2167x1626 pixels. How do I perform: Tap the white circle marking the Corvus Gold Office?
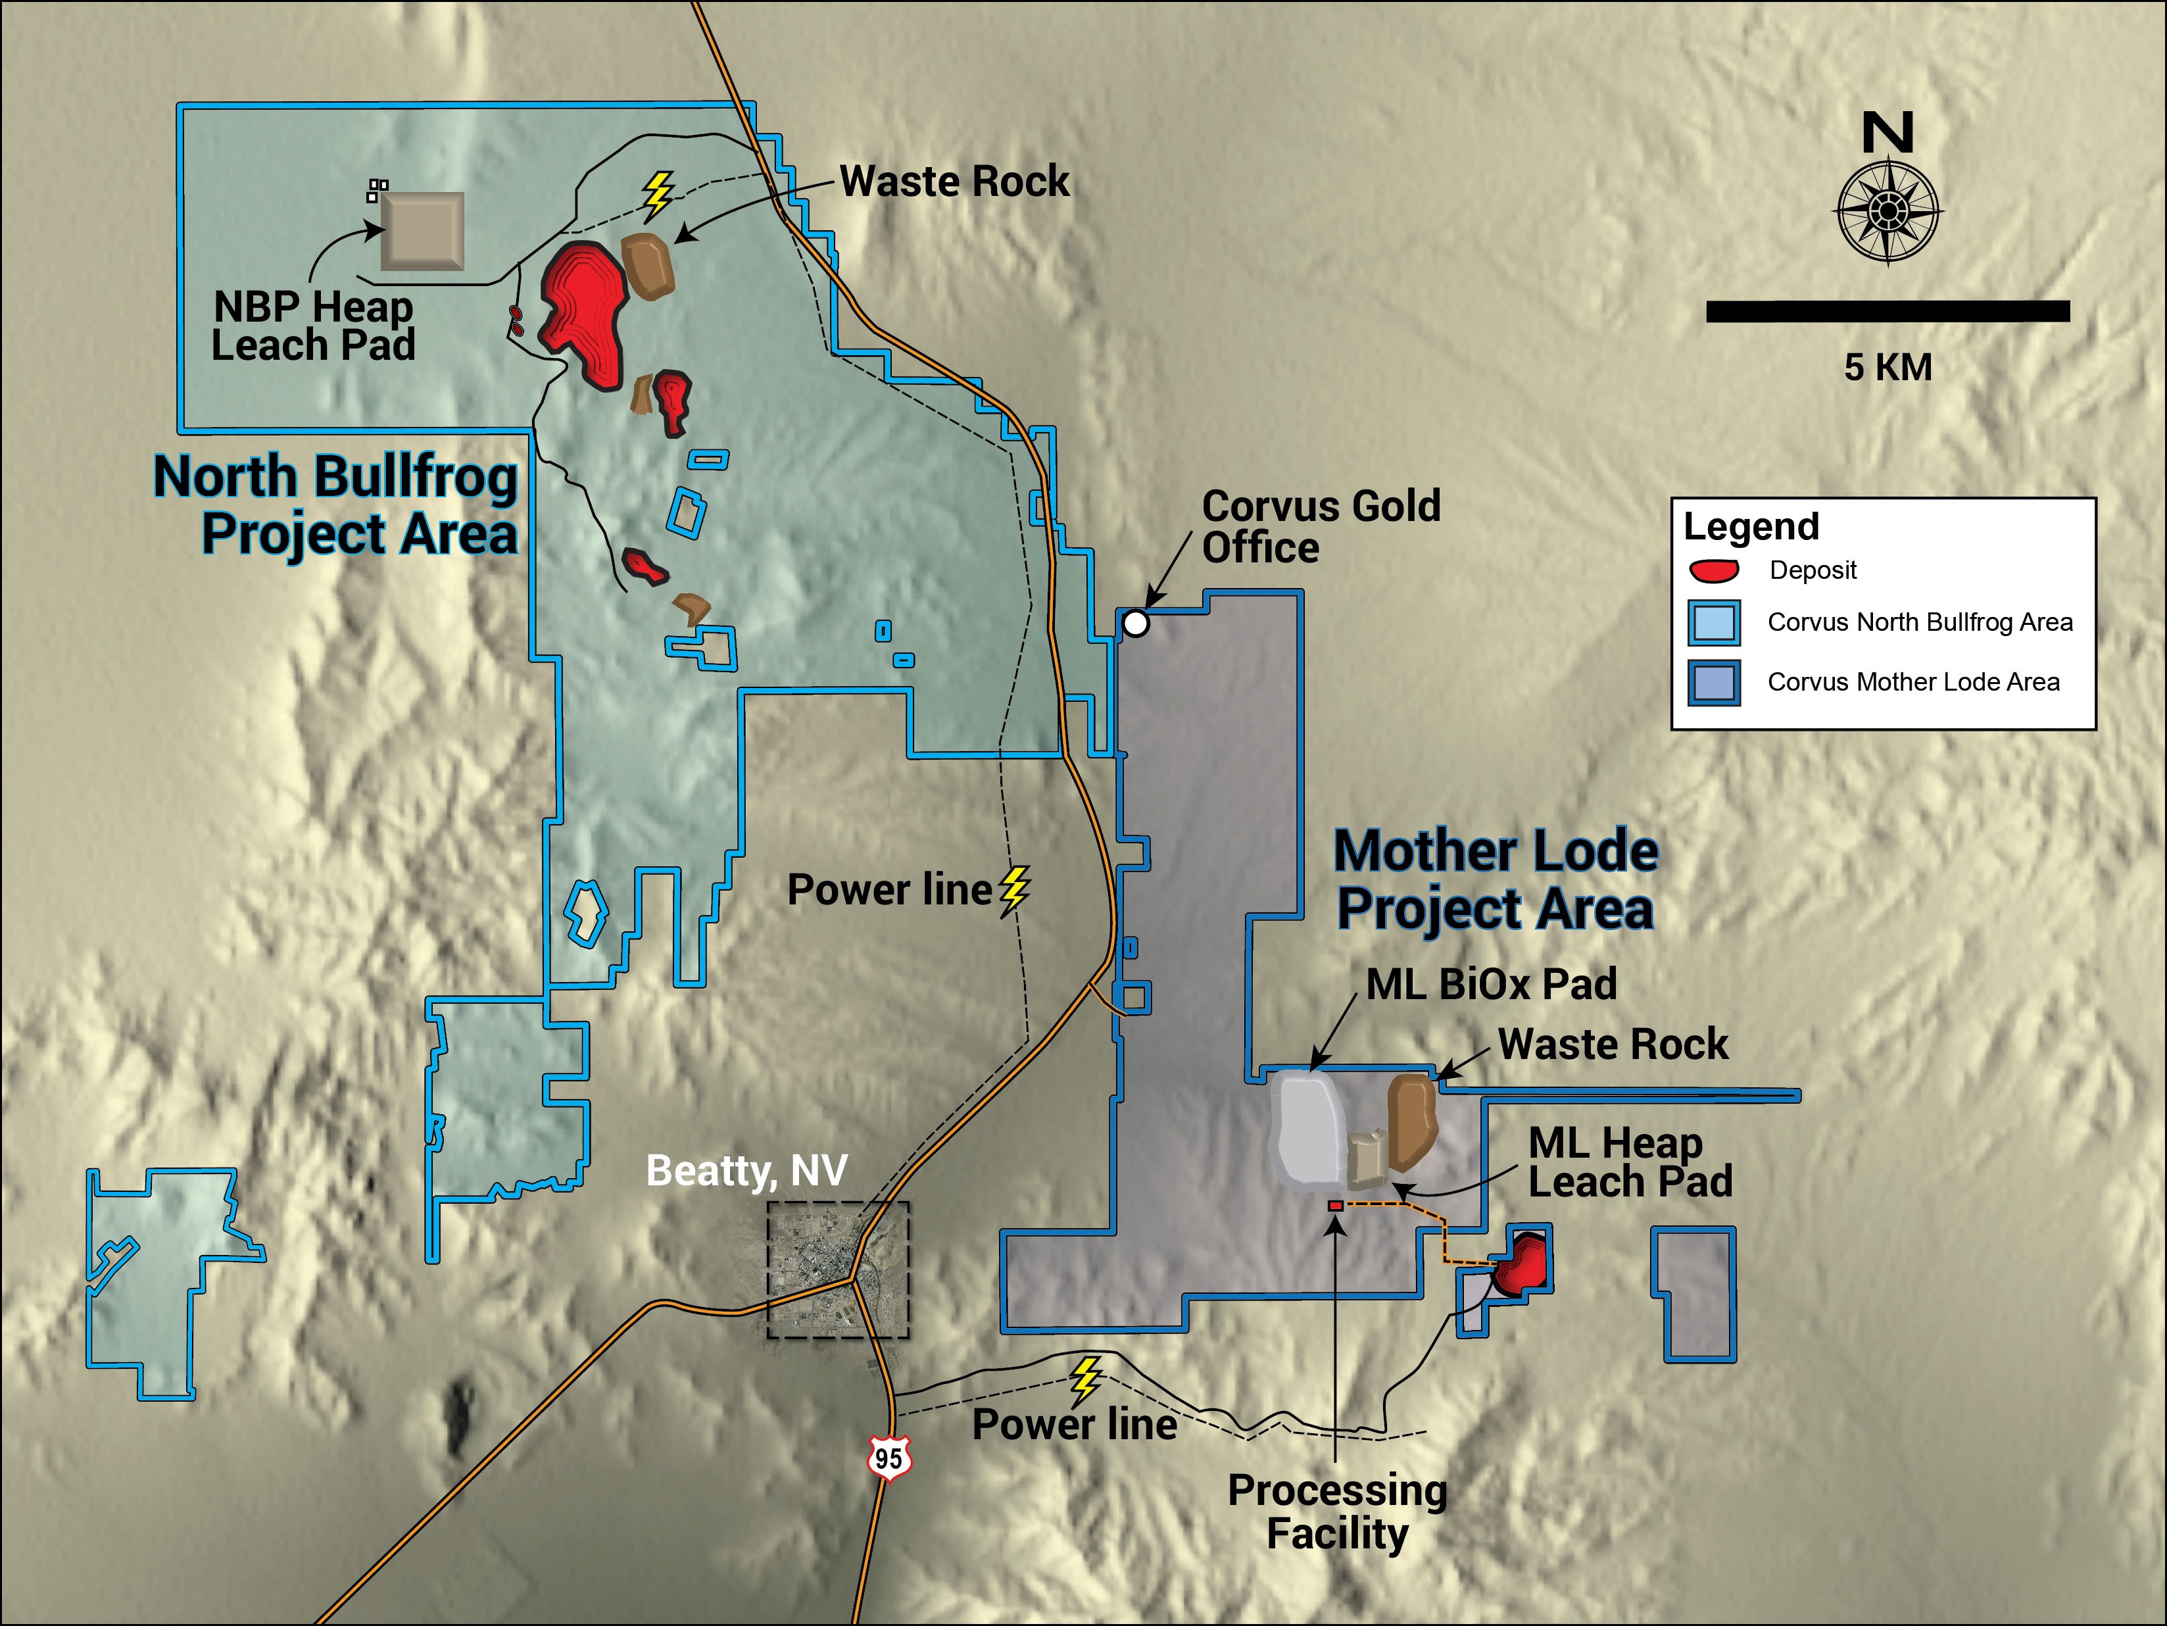coord(1135,623)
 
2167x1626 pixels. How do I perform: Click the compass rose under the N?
coord(1887,210)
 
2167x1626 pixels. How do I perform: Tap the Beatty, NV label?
coord(746,1171)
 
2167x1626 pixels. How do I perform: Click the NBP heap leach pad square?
coord(422,231)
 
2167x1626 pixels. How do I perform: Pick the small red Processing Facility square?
coord(1335,1206)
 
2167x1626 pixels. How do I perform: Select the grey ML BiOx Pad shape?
coord(1307,1129)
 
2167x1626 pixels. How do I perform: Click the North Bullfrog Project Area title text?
coord(336,505)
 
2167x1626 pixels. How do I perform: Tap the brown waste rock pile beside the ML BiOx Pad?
coord(1412,1121)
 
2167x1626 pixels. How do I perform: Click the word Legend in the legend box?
coord(1751,527)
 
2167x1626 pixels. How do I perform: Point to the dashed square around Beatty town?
coord(839,1269)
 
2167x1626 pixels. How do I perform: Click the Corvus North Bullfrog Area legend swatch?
coord(1713,623)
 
